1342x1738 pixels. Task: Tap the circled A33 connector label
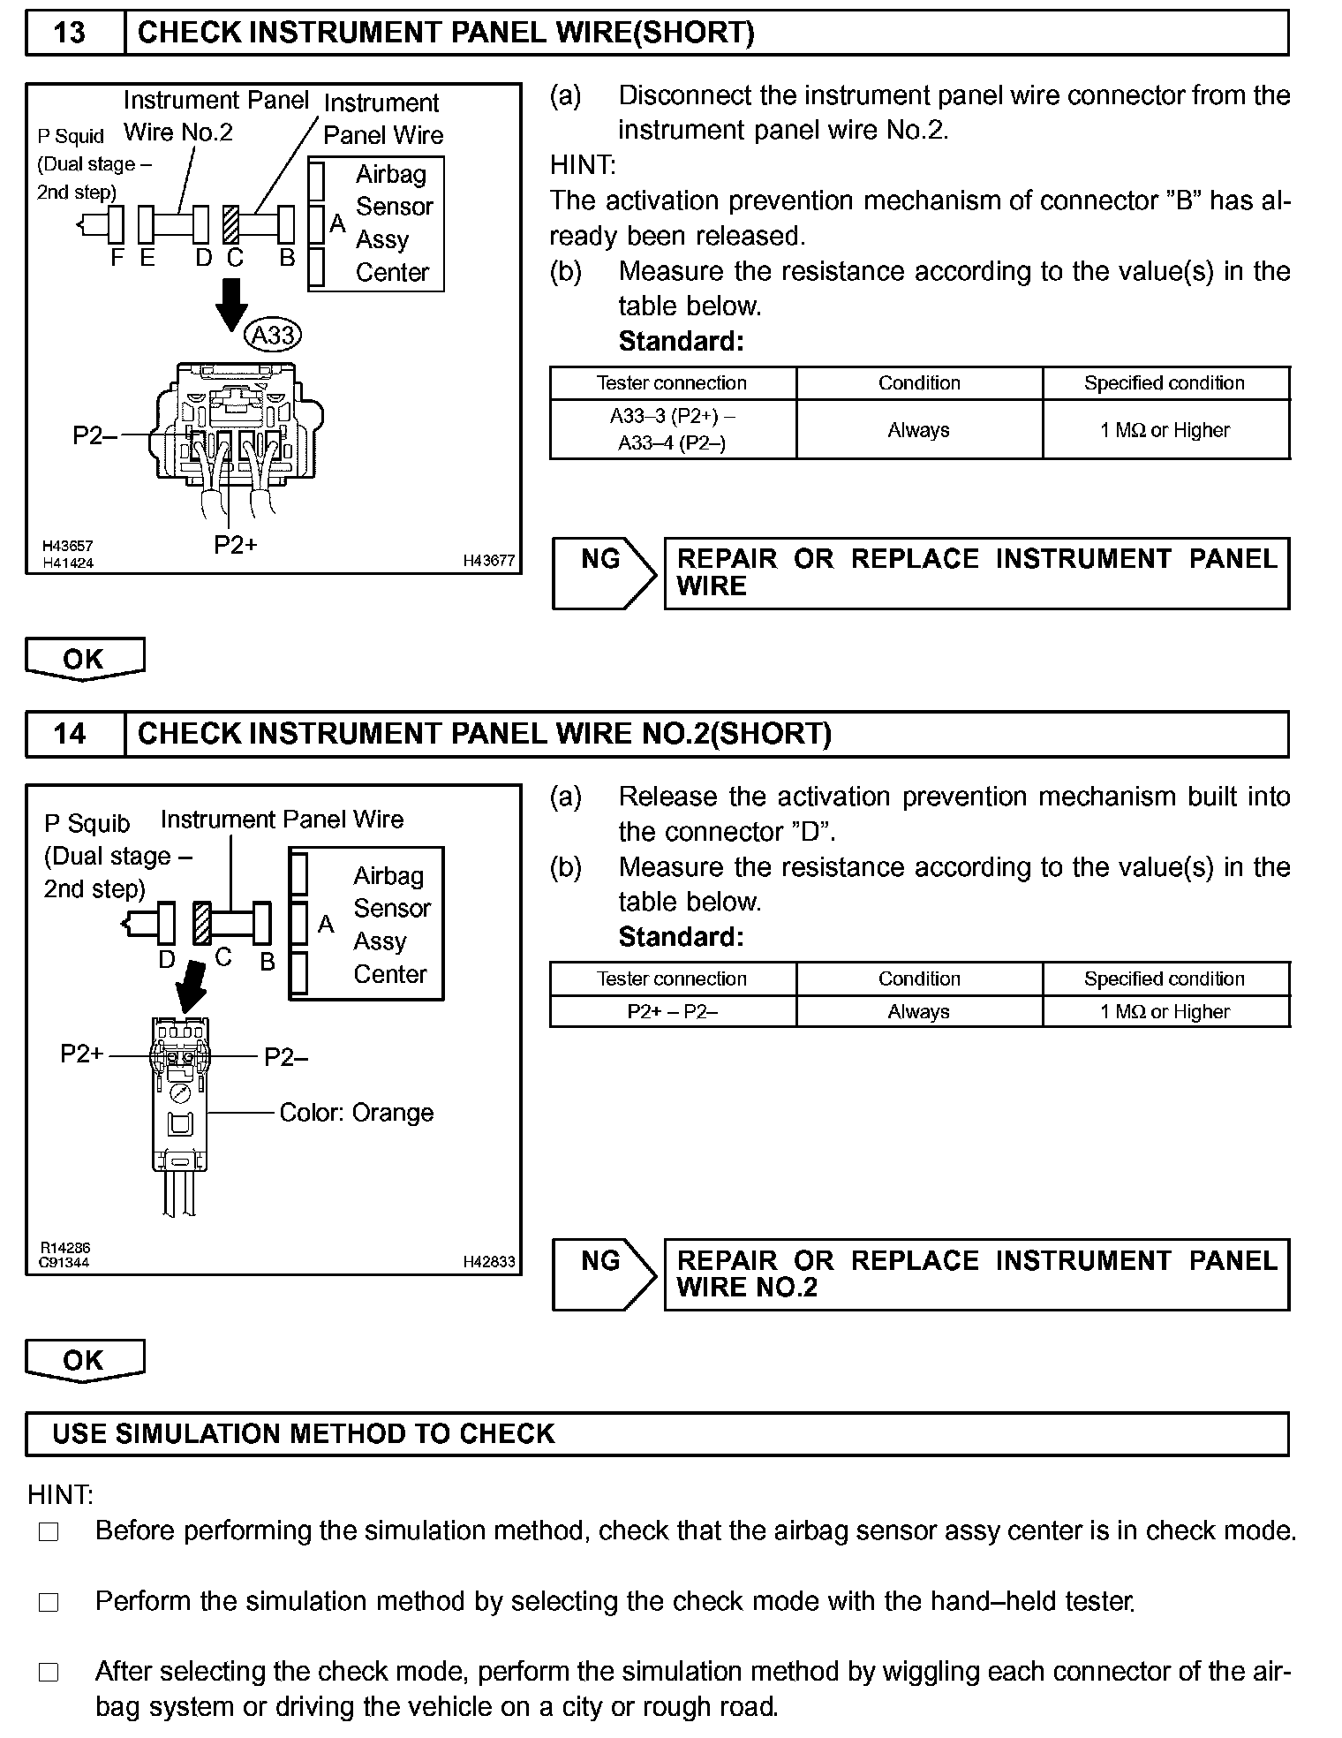click(x=273, y=336)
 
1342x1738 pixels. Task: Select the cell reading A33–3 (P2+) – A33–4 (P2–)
click(x=673, y=429)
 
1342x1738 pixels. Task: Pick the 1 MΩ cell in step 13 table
click(x=1165, y=430)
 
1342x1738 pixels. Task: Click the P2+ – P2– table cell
click(x=673, y=1012)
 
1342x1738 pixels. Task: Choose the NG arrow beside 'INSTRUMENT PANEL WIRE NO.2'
click(x=604, y=1274)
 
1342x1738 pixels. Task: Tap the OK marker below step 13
click(x=85, y=659)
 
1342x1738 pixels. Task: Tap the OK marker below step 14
click(x=85, y=1360)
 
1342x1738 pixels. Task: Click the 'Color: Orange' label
click(x=357, y=1113)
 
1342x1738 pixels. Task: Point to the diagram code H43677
click(x=488, y=561)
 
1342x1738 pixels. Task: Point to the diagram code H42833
click(x=488, y=1262)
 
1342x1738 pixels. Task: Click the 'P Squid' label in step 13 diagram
click(x=71, y=136)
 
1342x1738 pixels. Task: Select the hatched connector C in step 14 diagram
click(x=202, y=924)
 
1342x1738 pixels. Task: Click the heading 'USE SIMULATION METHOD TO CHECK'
click(x=304, y=1433)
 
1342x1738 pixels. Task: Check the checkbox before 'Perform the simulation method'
click(x=49, y=1602)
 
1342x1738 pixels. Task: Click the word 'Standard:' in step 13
click(x=681, y=341)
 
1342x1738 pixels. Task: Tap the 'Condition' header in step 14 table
click(x=919, y=979)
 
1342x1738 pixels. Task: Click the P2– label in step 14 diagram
click(x=286, y=1057)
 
